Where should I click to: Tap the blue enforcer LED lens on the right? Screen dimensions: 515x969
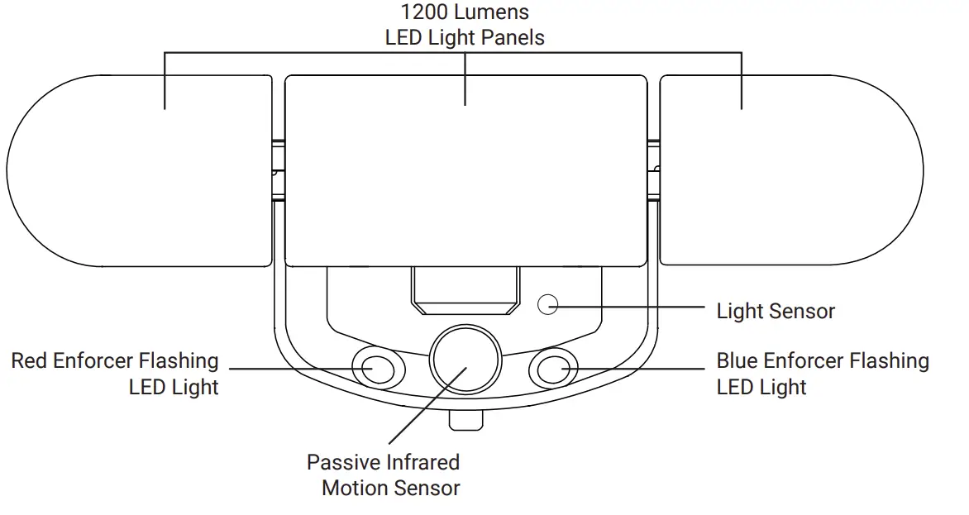point(553,368)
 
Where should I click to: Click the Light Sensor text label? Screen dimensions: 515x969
point(775,312)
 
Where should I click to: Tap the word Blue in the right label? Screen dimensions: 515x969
point(737,361)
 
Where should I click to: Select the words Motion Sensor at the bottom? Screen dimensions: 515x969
point(390,488)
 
